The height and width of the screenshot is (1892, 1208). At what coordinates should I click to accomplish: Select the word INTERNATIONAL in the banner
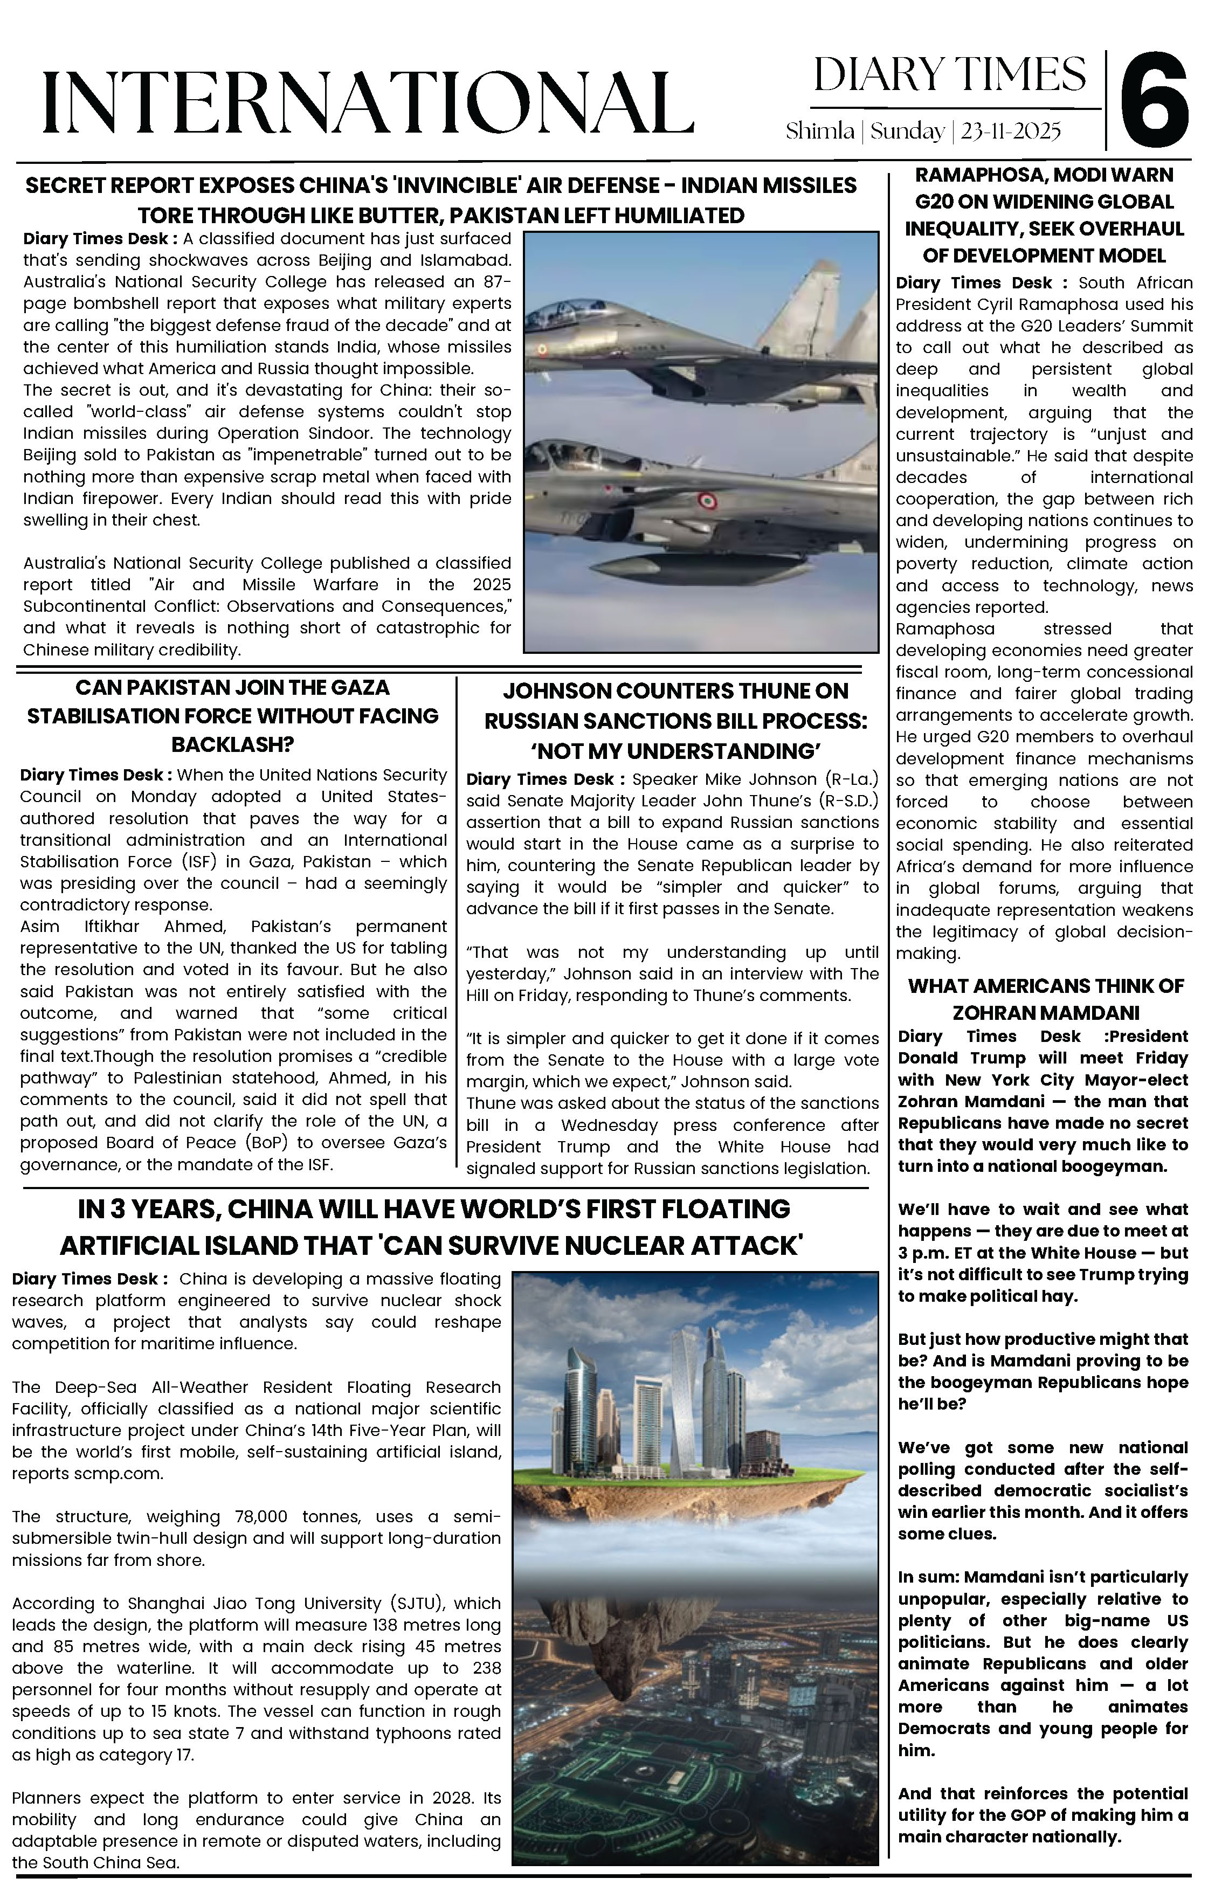(x=368, y=102)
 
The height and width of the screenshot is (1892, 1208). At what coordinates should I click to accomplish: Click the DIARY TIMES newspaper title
(x=949, y=74)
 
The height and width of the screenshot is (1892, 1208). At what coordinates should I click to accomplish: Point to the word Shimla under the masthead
(x=820, y=130)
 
